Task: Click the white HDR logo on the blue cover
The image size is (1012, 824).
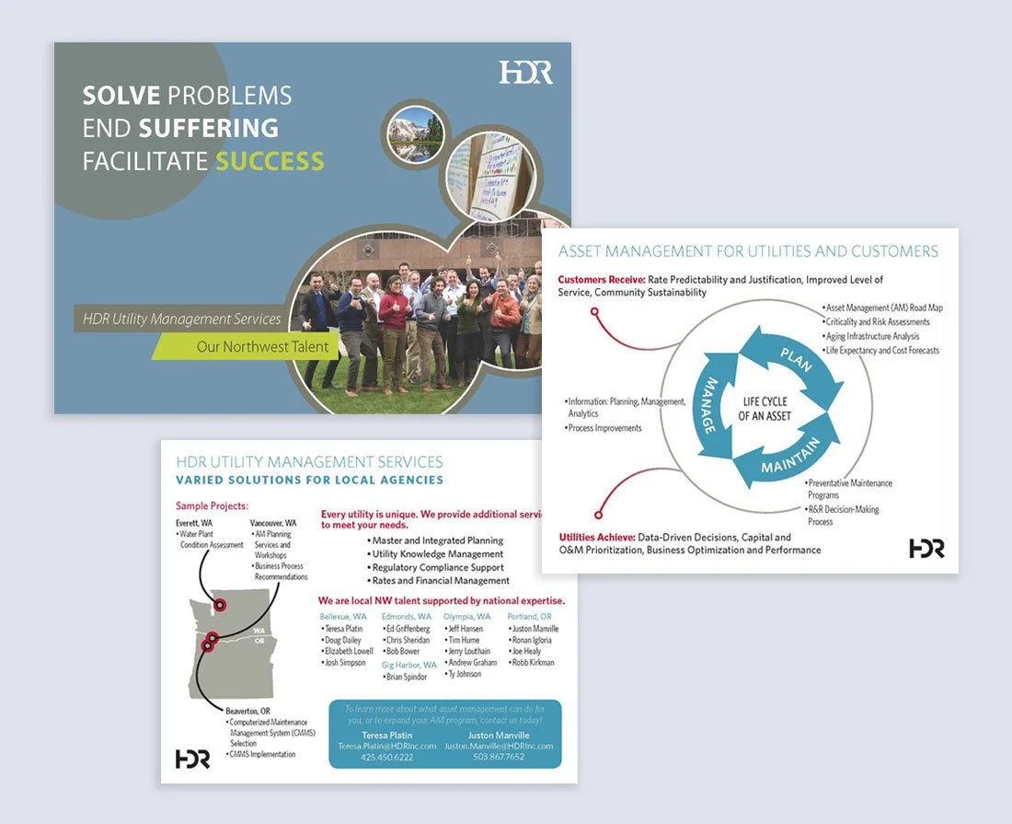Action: point(526,72)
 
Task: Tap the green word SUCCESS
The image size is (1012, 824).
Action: point(270,161)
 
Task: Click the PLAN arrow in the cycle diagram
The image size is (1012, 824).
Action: point(795,358)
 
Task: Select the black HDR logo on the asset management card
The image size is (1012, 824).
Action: point(926,548)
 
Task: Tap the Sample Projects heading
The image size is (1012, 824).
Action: point(212,505)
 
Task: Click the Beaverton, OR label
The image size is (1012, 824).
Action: point(247,711)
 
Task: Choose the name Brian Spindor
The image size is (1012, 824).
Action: point(405,677)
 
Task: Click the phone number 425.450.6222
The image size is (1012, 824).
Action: point(387,757)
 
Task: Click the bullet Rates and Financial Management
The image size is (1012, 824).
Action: point(439,581)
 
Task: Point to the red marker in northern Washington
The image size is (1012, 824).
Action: point(220,605)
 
